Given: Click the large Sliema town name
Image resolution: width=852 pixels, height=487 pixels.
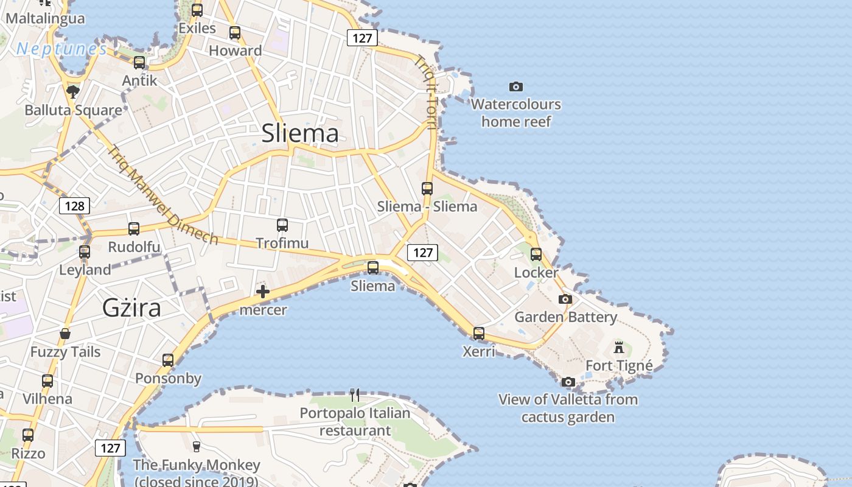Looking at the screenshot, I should point(300,133).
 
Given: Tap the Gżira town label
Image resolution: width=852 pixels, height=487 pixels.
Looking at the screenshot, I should point(131,308).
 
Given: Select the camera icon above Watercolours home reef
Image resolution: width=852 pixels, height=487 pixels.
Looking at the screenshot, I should point(516,87).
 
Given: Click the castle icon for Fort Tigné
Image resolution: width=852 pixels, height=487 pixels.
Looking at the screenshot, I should point(619,348).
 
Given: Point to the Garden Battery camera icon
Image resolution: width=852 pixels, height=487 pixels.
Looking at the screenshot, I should point(565,299).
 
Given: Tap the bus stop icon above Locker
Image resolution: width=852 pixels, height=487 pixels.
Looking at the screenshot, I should point(536,254).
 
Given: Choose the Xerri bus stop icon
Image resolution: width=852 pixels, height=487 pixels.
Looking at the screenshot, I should point(479,333).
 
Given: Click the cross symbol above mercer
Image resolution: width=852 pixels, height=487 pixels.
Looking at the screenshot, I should point(263,292).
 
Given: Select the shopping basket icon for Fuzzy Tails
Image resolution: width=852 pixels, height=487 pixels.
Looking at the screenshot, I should point(65,334).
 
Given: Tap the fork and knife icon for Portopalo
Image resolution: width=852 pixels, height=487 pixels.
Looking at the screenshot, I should point(355,395).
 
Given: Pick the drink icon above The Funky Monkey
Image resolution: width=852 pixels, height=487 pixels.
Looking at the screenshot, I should point(196,446).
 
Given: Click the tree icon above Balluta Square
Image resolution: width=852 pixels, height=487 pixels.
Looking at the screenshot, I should point(73,92).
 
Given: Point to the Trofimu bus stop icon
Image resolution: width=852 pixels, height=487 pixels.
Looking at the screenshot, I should point(282,225).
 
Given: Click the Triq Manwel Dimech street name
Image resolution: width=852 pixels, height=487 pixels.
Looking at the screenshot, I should point(163,195).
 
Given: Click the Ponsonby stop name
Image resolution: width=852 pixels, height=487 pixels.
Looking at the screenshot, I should point(168,379).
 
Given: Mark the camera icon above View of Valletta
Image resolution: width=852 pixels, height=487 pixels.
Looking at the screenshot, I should point(568,382).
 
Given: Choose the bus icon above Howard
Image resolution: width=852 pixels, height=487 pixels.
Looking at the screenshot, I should point(235,33).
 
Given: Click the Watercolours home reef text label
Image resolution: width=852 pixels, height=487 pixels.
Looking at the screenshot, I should point(516,113).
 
